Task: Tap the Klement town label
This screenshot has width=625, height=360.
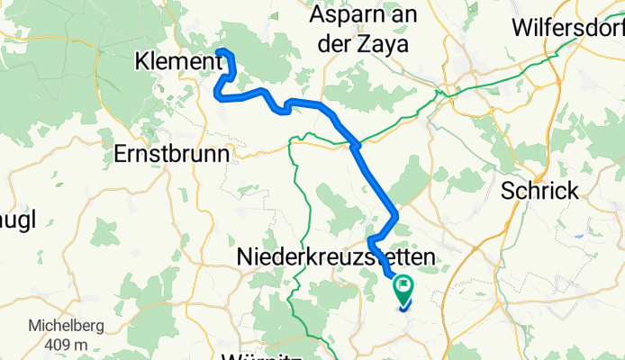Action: (x=176, y=63)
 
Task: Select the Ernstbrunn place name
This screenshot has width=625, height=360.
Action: (x=172, y=154)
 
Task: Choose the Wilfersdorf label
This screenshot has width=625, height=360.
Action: (x=567, y=27)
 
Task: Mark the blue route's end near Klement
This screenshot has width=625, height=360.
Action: (x=221, y=52)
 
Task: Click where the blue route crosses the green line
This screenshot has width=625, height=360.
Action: (x=357, y=144)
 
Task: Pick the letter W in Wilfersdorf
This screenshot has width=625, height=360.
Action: (x=521, y=27)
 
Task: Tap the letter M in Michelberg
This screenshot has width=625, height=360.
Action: (x=33, y=325)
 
